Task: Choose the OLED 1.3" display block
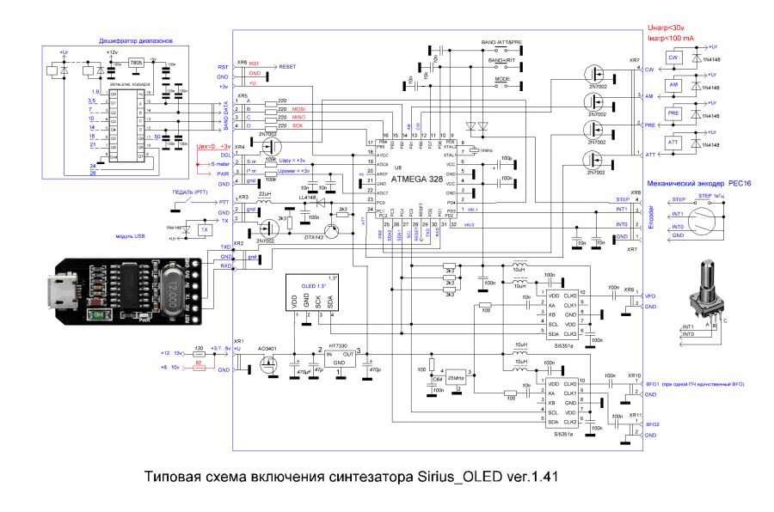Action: pos(312,295)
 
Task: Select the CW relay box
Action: pos(674,57)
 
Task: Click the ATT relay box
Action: pos(674,142)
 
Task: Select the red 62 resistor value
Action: pos(199,363)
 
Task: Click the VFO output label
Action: pos(650,295)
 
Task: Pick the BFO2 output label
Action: pos(653,425)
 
